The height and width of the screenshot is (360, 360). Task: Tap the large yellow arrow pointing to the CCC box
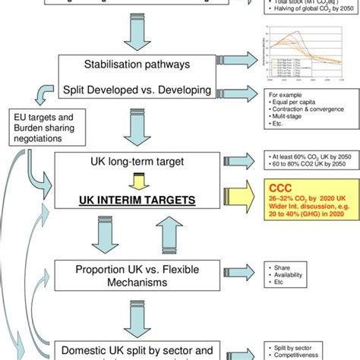(245, 199)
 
